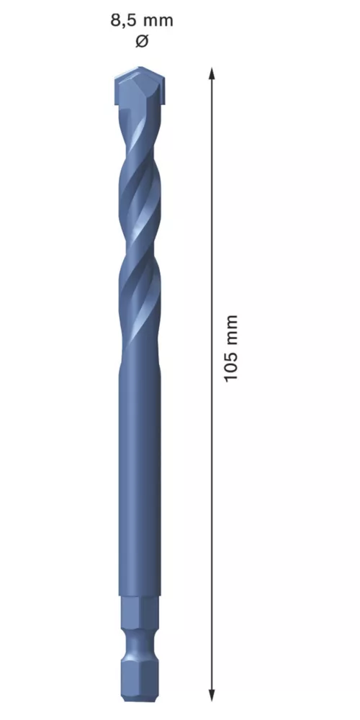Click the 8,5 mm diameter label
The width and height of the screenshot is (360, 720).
click(142, 21)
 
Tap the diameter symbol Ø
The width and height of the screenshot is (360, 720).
click(142, 41)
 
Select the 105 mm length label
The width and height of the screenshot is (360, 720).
click(230, 348)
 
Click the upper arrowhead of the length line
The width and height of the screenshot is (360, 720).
click(212, 73)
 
